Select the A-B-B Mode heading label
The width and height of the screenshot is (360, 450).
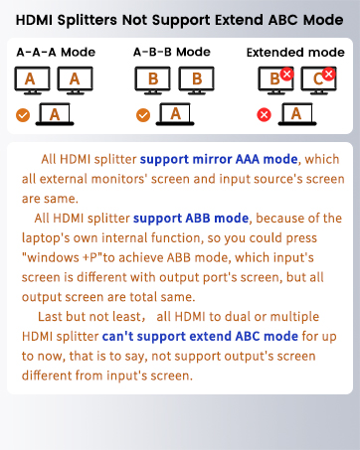[171, 52]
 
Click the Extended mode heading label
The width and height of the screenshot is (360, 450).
[295, 52]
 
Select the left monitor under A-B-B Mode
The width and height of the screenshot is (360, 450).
[152, 78]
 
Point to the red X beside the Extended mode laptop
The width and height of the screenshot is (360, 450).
[265, 115]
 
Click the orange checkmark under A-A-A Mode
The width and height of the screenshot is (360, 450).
[22, 115]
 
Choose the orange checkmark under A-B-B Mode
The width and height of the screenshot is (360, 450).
[143, 115]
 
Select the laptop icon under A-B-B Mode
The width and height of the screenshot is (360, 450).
[175, 114]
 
